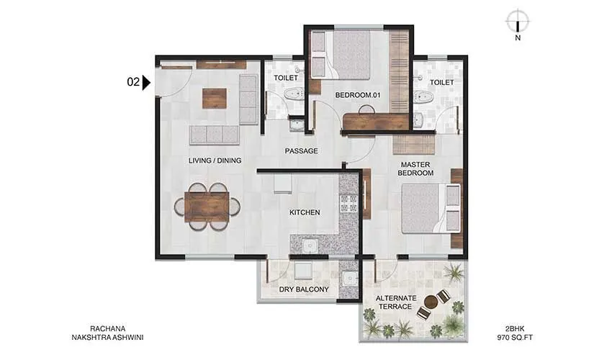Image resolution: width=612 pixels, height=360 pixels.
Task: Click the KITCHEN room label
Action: (x=305, y=212)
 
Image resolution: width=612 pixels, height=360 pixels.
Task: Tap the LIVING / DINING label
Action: (x=215, y=160)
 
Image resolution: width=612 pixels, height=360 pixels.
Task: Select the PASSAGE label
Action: (x=301, y=150)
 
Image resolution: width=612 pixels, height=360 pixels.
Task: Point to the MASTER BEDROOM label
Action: (x=416, y=168)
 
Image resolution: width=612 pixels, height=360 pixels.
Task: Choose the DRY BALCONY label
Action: (x=304, y=289)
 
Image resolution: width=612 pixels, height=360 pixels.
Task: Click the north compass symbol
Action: (x=517, y=21)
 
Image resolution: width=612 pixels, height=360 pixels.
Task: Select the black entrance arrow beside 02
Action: (x=146, y=82)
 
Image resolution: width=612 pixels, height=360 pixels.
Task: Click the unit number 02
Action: (x=133, y=82)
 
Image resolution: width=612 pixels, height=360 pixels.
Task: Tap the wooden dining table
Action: (x=207, y=207)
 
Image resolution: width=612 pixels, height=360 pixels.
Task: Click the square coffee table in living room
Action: (x=214, y=98)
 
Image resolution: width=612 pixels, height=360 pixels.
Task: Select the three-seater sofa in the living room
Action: (x=214, y=135)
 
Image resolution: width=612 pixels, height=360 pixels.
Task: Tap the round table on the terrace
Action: (x=431, y=302)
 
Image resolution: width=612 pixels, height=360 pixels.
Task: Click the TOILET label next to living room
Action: (x=286, y=78)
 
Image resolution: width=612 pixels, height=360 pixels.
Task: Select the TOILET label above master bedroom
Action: (x=442, y=82)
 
